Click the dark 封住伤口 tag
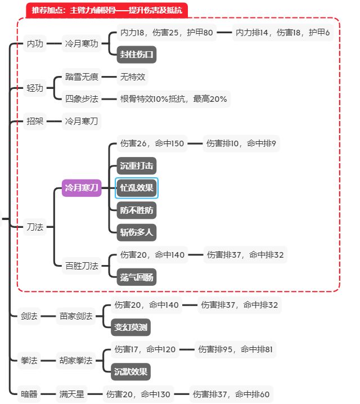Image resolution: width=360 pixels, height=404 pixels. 137,55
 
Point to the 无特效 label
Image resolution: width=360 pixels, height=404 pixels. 133,77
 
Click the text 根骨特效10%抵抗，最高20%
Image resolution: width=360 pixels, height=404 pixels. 173,99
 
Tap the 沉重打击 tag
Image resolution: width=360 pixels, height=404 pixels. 137,166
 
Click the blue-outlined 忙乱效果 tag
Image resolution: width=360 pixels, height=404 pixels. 137,188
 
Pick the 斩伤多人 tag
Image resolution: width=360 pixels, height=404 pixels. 137,232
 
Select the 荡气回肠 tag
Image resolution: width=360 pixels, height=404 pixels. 137,277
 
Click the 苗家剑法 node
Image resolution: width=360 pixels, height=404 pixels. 76,316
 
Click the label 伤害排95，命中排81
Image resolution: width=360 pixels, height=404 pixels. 235,349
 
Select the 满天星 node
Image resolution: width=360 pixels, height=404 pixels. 72,394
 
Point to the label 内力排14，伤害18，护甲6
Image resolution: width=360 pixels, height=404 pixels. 283,33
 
